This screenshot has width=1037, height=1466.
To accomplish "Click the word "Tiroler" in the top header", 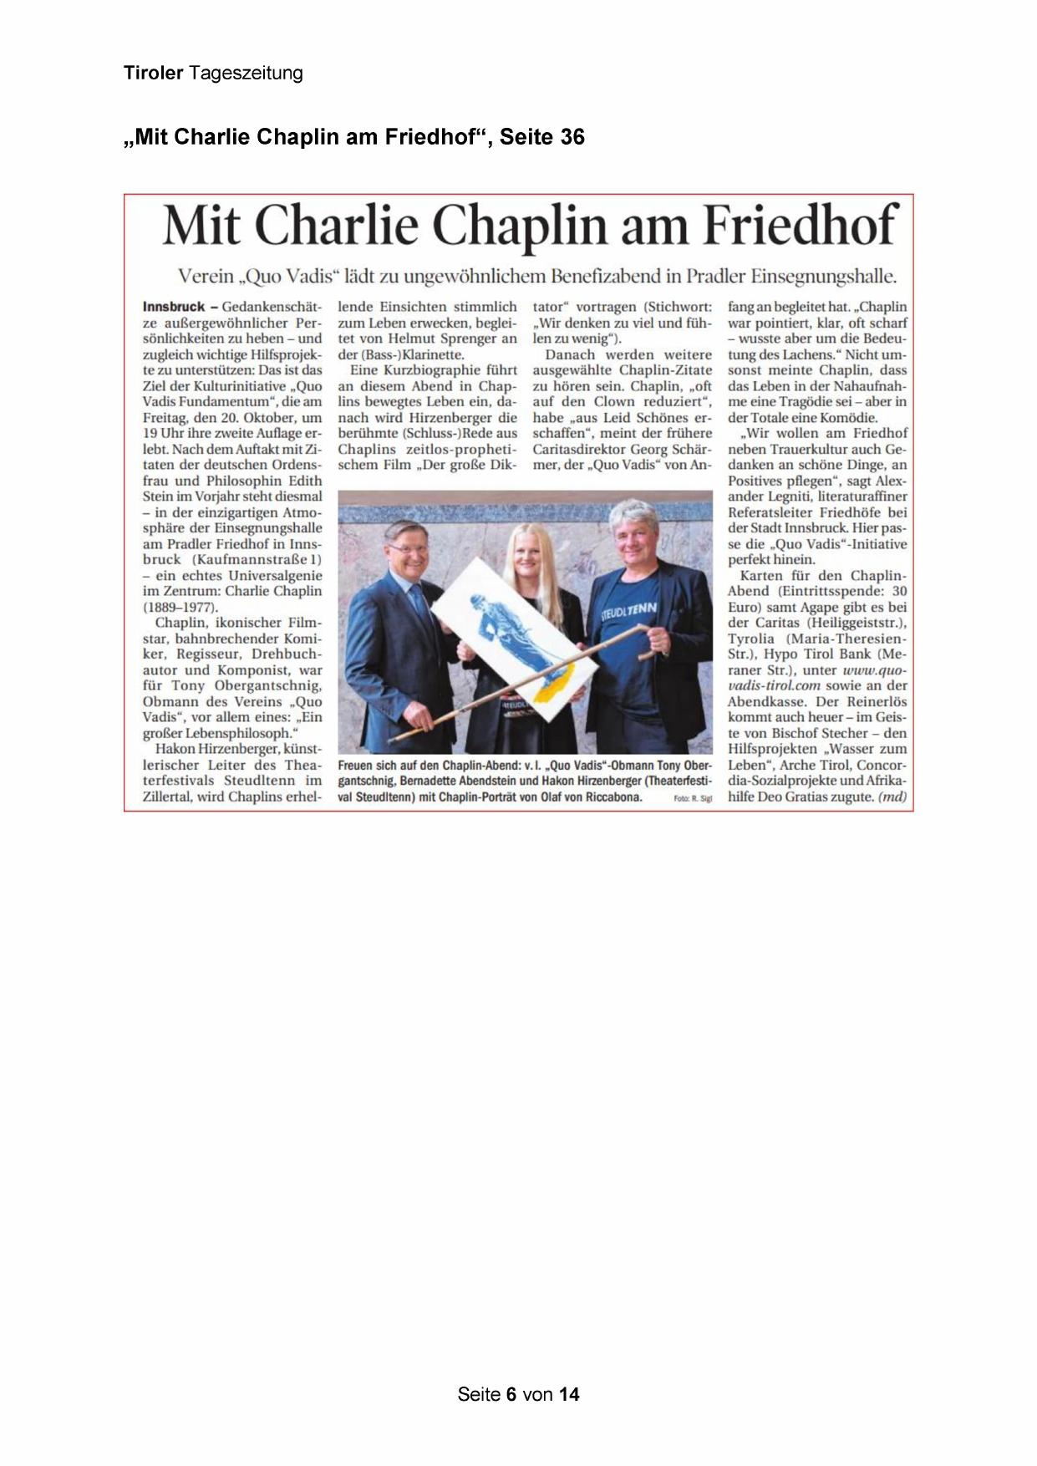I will (x=153, y=73).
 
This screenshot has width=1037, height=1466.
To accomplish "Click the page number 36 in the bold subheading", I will (x=572, y=137).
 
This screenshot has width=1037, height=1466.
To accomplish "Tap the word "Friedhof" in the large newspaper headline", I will (x=801, y=226).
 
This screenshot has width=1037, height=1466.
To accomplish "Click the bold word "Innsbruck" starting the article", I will (x=174, y=307).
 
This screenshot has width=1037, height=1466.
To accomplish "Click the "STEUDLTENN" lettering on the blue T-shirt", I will (x=628, y=611).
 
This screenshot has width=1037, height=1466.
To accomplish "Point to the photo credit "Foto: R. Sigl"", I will (x=693, y=799).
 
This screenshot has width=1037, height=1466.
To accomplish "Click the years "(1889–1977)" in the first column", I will (x=180, y=607).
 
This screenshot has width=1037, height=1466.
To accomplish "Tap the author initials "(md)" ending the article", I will (x=892, y=797).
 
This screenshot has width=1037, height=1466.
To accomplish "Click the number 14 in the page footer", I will (x=569, y=1394).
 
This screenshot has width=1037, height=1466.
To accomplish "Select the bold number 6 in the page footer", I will (x=510, y=1394).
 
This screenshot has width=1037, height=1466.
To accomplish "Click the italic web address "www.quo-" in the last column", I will (x=874, y=669).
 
